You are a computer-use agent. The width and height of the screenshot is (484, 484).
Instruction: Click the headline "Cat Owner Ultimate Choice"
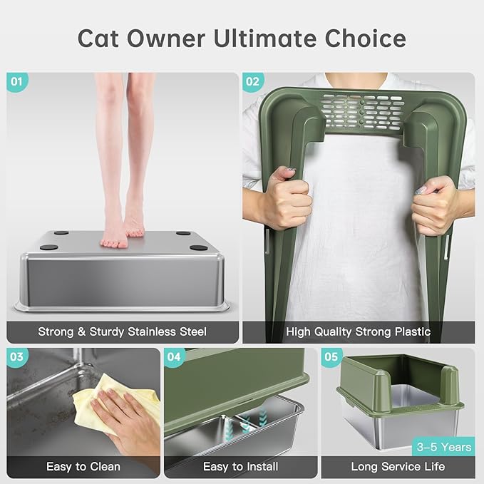(242, 38)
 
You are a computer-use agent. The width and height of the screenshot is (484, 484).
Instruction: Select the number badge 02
(252, 81)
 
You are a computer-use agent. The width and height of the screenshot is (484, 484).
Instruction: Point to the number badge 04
(175, 357)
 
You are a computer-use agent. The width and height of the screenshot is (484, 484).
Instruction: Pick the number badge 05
(330, 357)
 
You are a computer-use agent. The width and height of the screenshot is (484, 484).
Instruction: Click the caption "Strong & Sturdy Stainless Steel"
(122, 331)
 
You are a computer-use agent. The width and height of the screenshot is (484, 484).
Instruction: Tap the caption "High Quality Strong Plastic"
(358, 331)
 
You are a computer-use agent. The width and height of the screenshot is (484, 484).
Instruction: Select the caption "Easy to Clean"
(78, 467)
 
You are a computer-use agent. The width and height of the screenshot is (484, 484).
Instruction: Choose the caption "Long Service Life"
(398, 467)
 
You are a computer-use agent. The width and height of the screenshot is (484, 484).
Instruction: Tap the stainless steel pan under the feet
(122, 278)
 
